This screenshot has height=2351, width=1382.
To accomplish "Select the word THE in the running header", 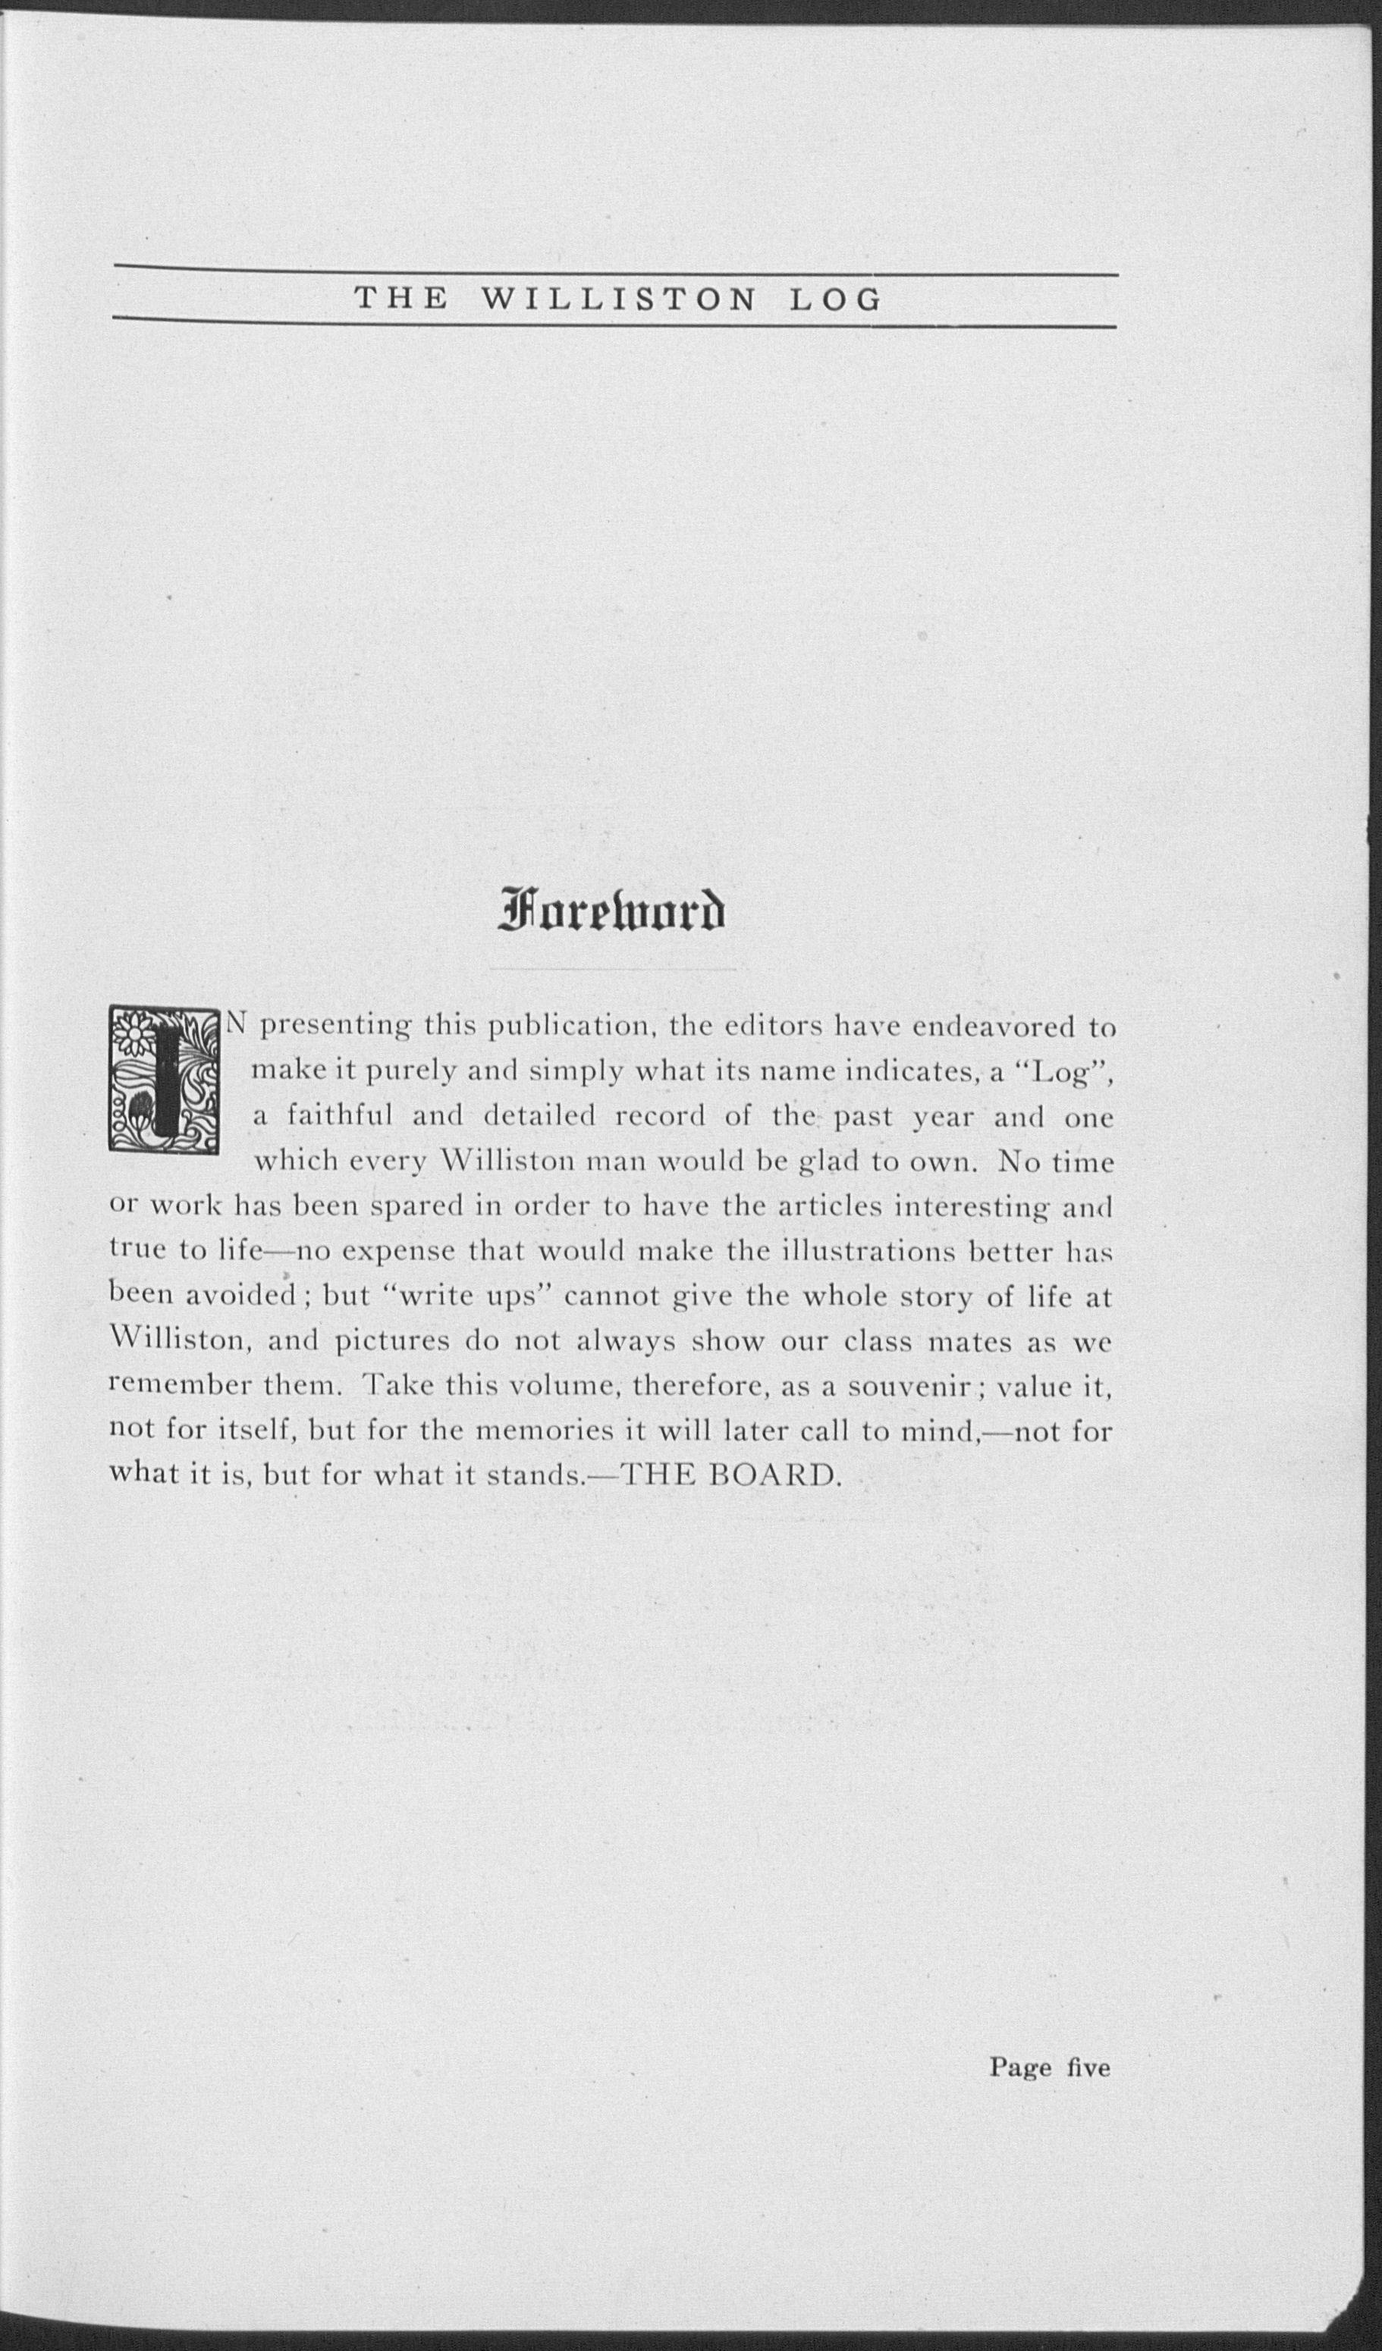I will click(x=403, y=299).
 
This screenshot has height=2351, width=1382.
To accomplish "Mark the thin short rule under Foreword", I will click(x=613, y=970).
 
